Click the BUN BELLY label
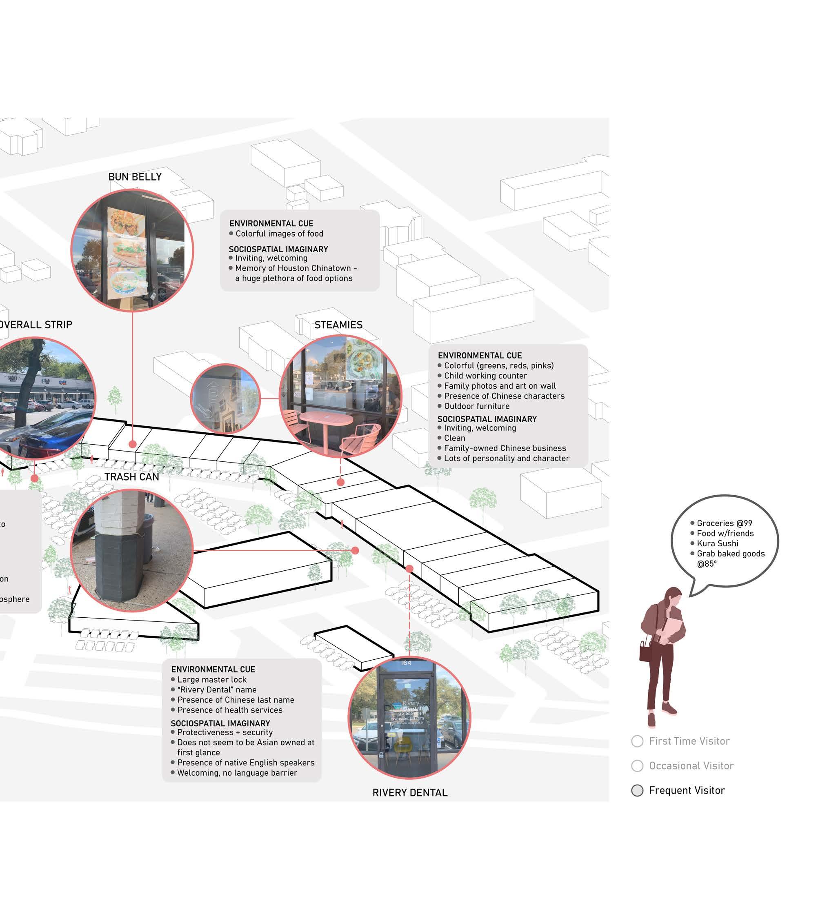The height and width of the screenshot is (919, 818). point(135,177)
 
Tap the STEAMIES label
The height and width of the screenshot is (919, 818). point(338,325)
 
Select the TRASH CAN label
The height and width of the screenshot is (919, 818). point(132,476)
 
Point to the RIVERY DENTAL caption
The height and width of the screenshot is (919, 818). point(409,793)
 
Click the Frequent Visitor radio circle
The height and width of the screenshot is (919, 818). point(637,790)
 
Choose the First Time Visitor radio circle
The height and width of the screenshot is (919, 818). point(637,741)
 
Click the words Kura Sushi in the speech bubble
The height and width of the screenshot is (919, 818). point(717,543)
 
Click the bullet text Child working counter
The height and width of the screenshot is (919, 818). point(485,376)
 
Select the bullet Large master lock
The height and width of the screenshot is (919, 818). point(212,680)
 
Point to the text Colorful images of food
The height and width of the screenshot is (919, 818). point(279,234)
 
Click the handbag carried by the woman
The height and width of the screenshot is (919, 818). point(646,651)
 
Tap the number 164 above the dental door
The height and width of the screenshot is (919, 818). point(406,663)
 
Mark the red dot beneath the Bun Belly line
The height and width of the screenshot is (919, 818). point(133,444)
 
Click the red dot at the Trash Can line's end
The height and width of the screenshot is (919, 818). point(355,550)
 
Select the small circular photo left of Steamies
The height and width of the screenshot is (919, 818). point(226,398)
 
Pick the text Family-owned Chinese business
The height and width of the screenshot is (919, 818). point(505,448)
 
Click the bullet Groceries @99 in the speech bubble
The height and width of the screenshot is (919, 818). point(724,523)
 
